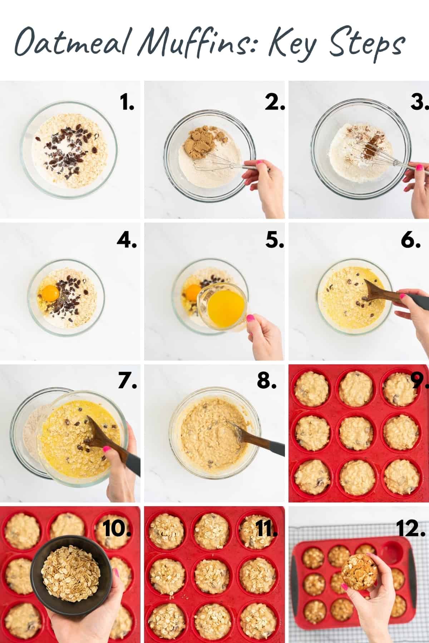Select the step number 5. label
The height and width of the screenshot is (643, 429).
click(275, 241)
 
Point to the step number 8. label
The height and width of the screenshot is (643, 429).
click(267, 381)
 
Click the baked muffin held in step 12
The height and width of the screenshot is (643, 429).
click(359, 568)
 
